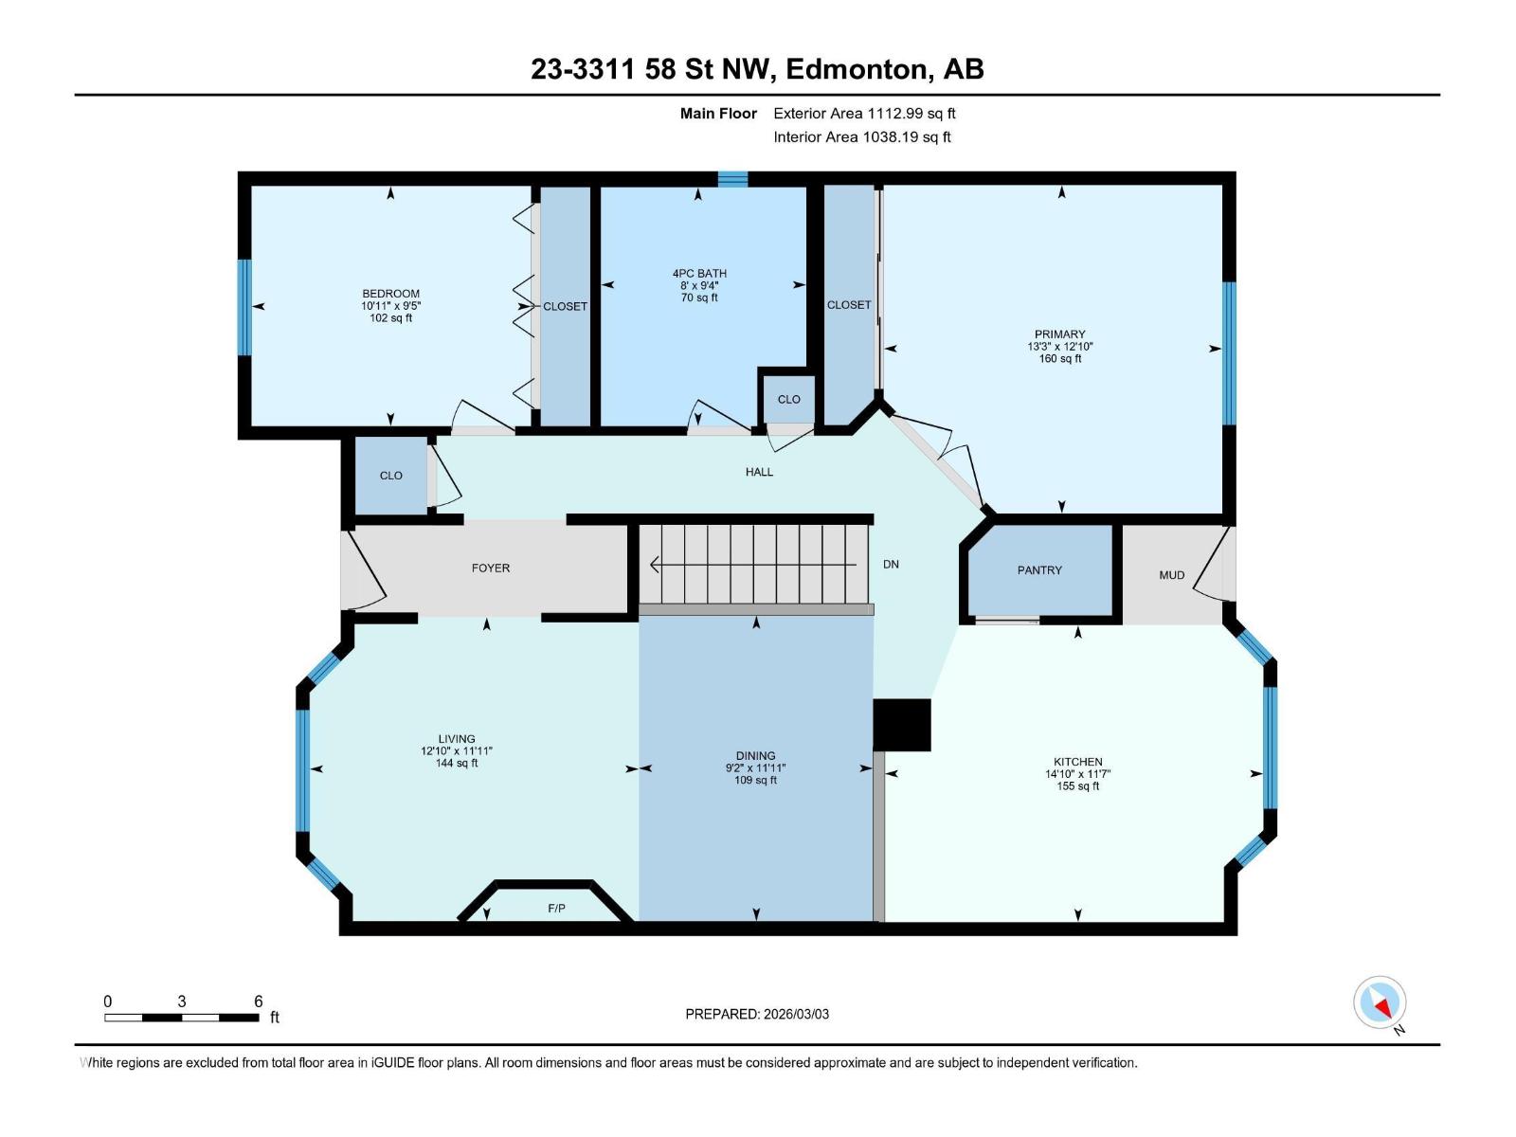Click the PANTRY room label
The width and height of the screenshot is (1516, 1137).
(x=1039, y=570)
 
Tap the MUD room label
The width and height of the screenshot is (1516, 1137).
(x=1171, y=575)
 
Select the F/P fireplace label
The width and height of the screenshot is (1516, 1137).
(x=556, y=909)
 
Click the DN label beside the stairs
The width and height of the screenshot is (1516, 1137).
(x=891, y=564)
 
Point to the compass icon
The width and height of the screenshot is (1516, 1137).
(x=1380, y=1002)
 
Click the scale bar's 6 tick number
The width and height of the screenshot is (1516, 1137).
(x=258, y=1002)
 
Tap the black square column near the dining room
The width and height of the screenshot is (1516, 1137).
(x=901, y=725)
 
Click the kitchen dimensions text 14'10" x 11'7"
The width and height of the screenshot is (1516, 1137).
(x=1077, y=774)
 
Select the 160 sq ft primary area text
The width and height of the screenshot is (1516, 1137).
(x=1059, y=359)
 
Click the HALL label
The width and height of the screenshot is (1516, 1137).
(x=759, y=472)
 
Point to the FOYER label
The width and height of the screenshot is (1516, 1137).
(x=490, y=568)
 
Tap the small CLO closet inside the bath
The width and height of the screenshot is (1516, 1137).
(x=788, y=400)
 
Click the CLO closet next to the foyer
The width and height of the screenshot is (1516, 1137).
(x=390, y=476)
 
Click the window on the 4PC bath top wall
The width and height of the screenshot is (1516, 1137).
(x=732, y=179)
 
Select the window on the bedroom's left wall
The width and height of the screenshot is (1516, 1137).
(x=244, y=307)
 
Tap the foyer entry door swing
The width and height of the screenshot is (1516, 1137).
(x=364, y=573)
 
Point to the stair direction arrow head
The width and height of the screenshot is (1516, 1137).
(x=655, y=566)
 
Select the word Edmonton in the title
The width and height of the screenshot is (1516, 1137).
(x=855, y=69)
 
